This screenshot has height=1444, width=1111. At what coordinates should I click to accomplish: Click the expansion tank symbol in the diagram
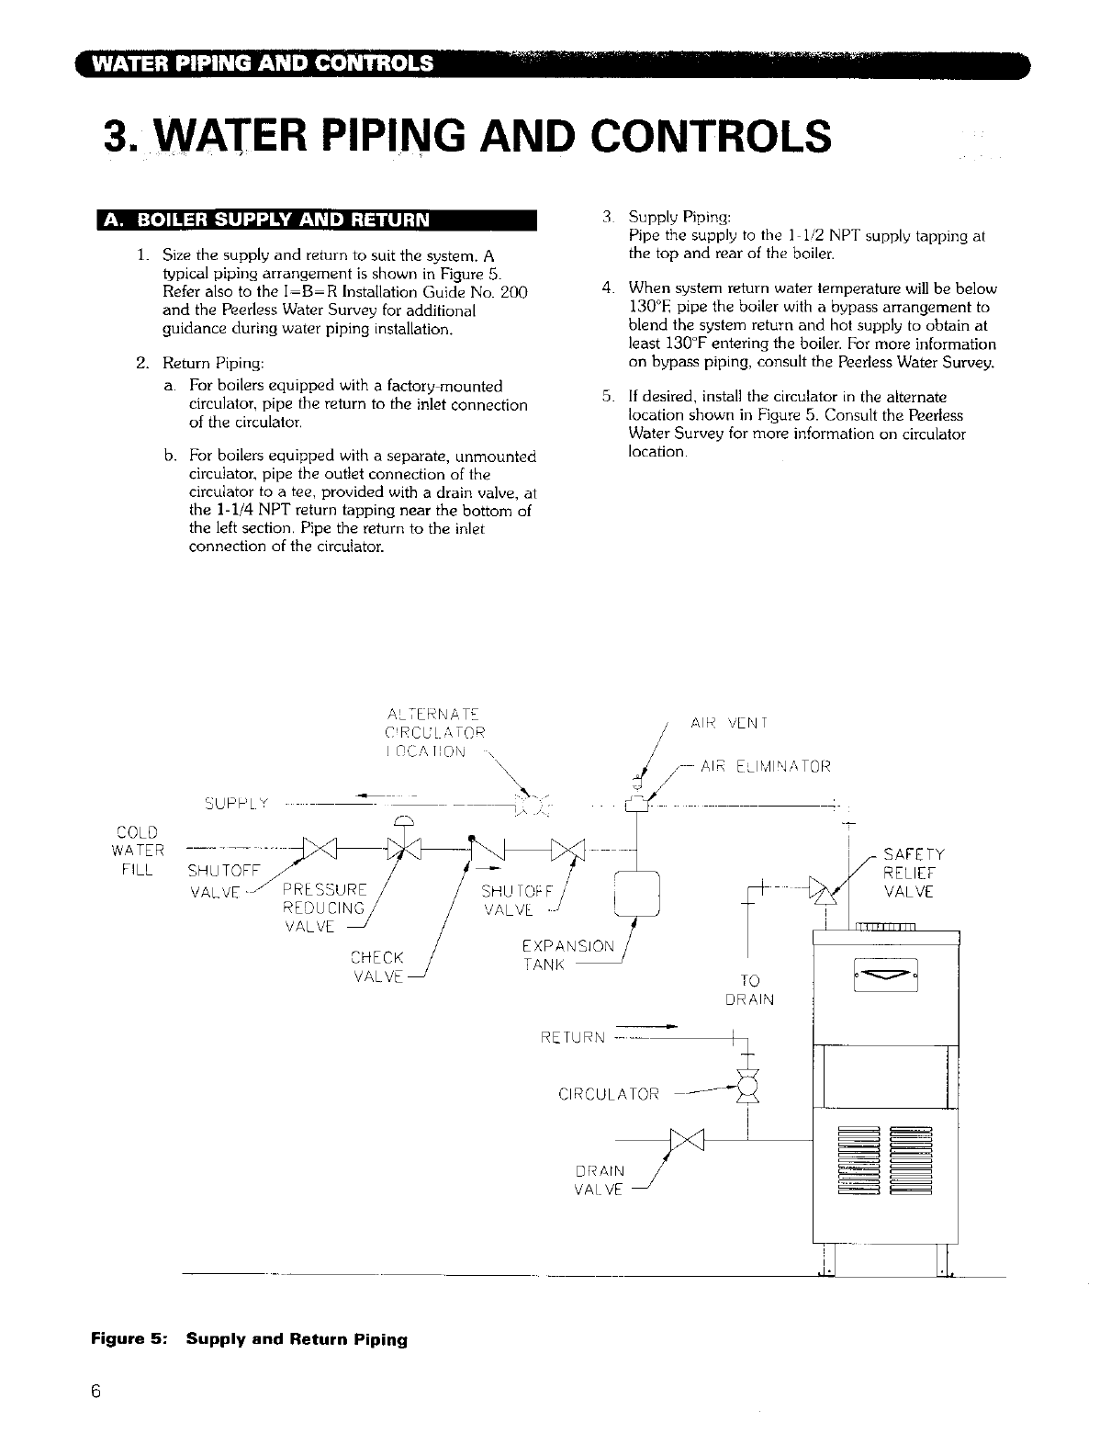point(637,892)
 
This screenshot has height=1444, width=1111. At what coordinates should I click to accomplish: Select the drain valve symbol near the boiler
point(687,1139)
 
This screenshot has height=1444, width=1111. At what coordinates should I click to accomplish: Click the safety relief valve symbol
point(829,892)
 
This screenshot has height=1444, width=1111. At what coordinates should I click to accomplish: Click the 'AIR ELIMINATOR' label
point(765,765)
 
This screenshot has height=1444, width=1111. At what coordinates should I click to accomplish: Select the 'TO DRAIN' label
point(750,989)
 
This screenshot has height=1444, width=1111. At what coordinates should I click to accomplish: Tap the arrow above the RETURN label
point(646,1024)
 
